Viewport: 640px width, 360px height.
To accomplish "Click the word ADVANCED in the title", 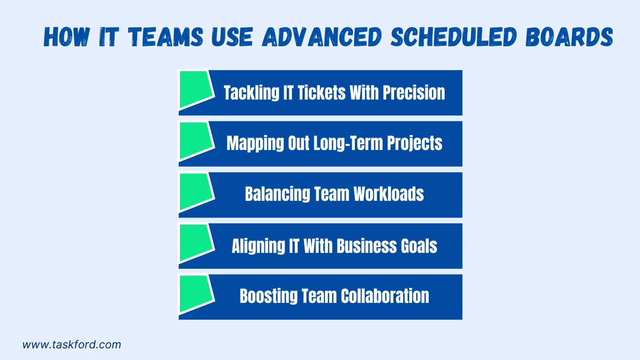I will point(322,37).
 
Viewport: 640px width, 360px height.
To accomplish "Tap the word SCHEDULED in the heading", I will point(454,37).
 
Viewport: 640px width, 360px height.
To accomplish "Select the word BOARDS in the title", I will point(569,37).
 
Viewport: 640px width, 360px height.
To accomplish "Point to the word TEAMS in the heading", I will point(165,37).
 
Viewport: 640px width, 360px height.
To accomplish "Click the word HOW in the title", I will point(67,37).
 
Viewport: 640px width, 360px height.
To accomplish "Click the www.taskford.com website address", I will point(72,345).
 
